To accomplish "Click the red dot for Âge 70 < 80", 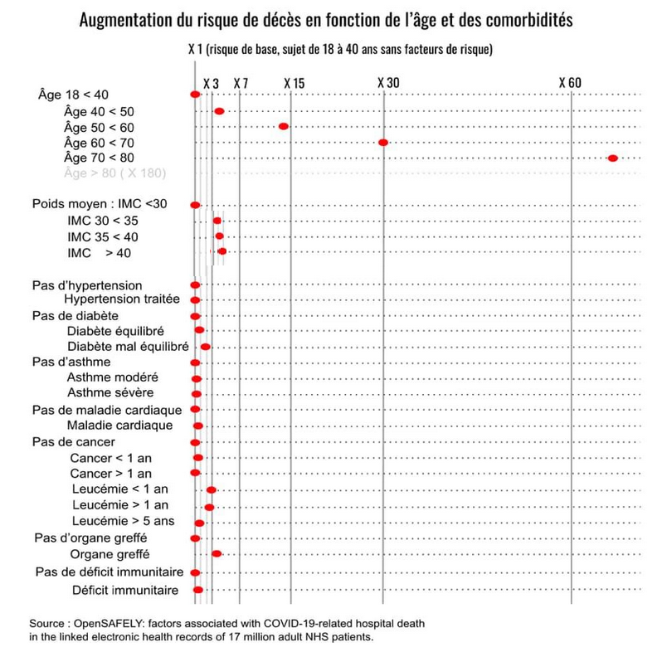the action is pyautogui.click(x=612, y=158).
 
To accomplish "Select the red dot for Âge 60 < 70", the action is pyautogui.click(x=382, y=143).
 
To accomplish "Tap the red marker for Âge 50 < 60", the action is pyautogui.click(x=283, y=126).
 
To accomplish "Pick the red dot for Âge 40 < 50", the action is pyautogui.click(x=219, y=111).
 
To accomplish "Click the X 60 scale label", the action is pyautogui.click(x=570, y=83).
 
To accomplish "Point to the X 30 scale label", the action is pyautogui.click(x=388, y=83).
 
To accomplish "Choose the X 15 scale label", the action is pyautogui.click(x=295, y=83).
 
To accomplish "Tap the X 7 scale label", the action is pyautogui.click(x=241, y=83).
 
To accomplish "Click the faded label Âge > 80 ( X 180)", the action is pyautogui.click(x=114, y=173).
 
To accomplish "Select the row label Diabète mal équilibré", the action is pyautogui.click(x=128, y=347).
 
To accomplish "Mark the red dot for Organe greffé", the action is pyautogui.click(x=217, y=554).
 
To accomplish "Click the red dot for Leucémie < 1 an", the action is pyautogui.click(x=211, y=490).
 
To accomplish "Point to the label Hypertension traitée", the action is pyautogui.click(x=122, y=299).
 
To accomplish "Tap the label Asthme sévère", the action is pyautogui.click(x=110, y=392).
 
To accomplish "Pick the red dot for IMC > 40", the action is pyautogui.click(x=222, y=251).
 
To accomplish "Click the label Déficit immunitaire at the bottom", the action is pyautogui.click(x=125, y=591).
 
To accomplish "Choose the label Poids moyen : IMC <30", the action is pyautogui.click(x=100, y=204).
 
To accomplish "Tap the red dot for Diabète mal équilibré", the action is pyautogui.click(x=205, y=347).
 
